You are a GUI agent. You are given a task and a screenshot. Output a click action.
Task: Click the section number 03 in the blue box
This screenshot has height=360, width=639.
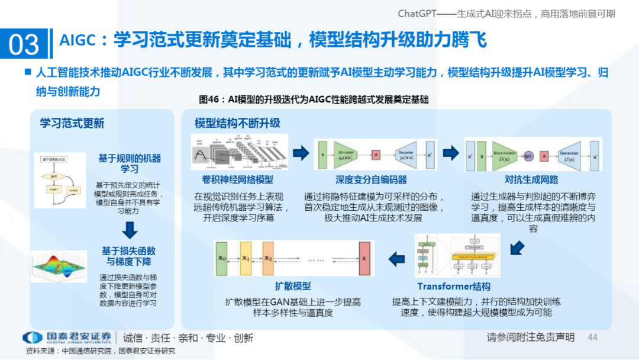(24, 44)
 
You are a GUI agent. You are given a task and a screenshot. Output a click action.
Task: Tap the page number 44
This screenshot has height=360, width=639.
(592, 337)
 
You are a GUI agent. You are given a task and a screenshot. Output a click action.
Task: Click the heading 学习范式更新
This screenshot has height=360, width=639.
(72, 123)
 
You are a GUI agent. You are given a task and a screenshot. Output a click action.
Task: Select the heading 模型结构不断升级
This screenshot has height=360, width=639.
(237, 123)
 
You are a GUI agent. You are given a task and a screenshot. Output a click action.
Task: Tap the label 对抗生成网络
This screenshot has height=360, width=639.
(531, 180)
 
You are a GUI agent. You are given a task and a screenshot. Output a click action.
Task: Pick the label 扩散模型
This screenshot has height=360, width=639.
(293, 286)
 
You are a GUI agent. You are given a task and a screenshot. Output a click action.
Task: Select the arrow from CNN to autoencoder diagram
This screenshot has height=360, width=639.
(301, 154)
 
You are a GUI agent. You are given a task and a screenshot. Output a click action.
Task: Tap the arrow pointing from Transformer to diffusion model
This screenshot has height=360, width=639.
(396, 258)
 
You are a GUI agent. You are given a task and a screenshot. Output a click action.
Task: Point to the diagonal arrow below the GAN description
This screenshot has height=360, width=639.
(517, 247)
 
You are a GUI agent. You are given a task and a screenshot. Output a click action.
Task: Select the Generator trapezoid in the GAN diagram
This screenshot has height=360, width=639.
(569, 155)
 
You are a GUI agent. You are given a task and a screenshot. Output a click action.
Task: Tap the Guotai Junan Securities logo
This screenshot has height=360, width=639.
(67, 337)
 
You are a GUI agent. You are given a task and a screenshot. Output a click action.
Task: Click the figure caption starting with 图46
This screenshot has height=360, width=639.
(314, 99)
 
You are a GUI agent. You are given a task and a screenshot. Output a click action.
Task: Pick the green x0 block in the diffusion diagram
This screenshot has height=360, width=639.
(222, 259)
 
